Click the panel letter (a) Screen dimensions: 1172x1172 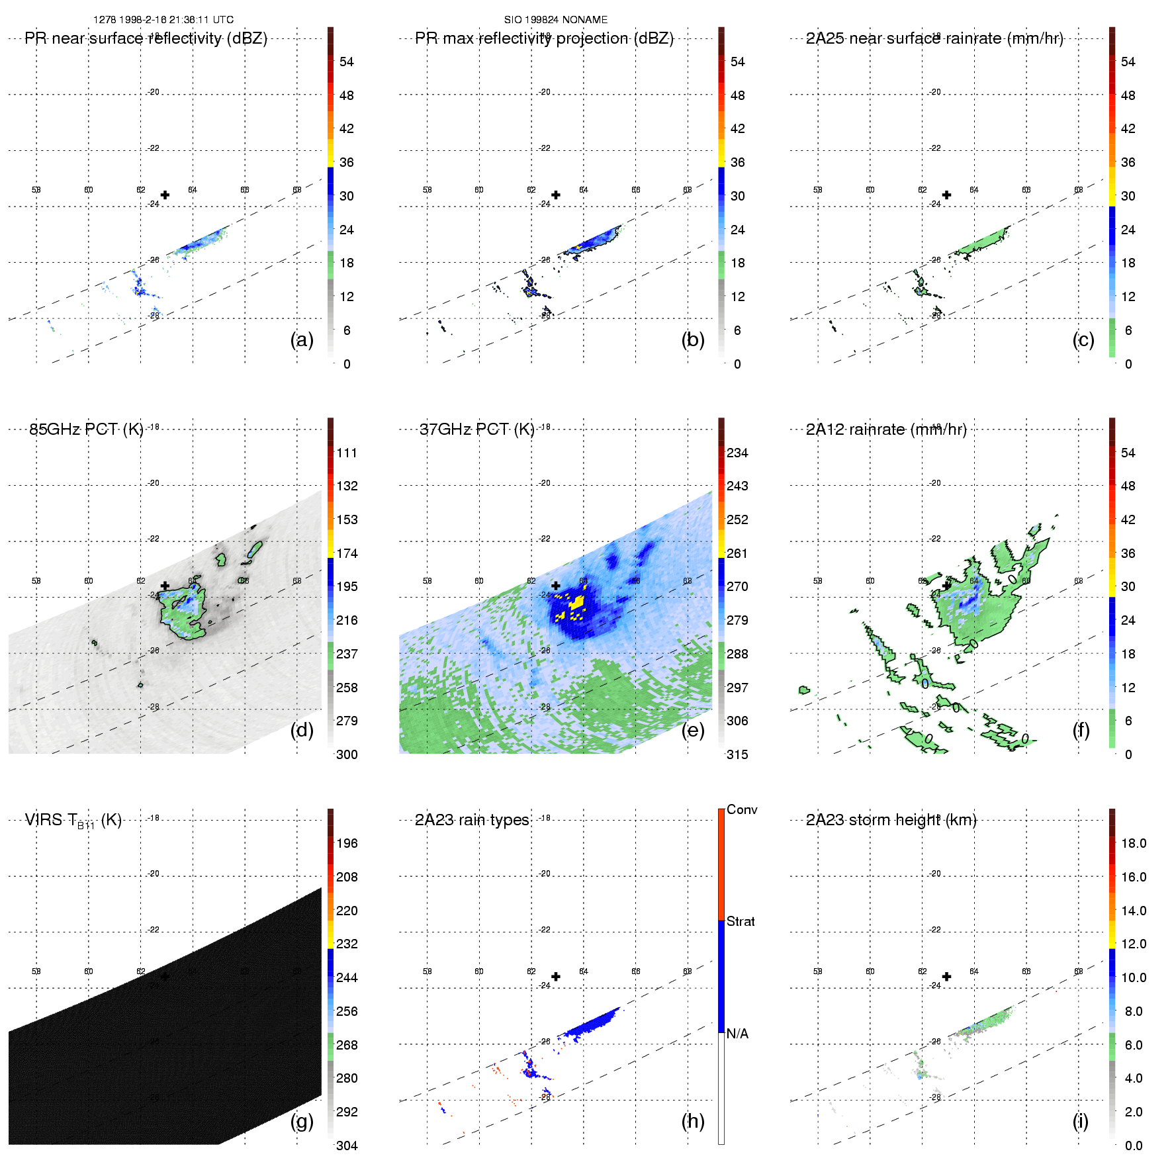point(302,340)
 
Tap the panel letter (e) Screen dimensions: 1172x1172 point(692,731)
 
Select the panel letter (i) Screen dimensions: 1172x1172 point(1080,1121)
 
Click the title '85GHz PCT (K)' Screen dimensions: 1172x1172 point(86,429)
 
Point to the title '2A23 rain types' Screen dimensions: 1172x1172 point(472,820)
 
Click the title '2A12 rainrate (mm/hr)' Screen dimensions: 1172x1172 point(886,429)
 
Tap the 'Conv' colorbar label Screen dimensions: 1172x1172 point(742,809)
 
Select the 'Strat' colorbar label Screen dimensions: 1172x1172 point(741,921)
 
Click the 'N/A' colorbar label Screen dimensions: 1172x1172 point(738,1034)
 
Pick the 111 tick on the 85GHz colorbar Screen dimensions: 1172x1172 point(347,453)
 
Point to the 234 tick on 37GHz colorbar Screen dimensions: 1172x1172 point(737,453)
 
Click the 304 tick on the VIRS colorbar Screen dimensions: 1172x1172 point(347,1146)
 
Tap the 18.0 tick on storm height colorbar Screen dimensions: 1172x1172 point(1134,843)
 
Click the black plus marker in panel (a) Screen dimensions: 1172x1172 point(165,195)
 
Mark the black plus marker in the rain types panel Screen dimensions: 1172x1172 point(556,977)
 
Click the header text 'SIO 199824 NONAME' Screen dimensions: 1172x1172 point(556,20)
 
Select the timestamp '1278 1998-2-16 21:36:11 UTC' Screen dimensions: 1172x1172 point(163,20)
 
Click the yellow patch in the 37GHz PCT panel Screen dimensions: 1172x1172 point(576,602)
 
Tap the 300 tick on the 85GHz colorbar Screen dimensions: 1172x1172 point(347,754)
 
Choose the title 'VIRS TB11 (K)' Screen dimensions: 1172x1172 point(73,821)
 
